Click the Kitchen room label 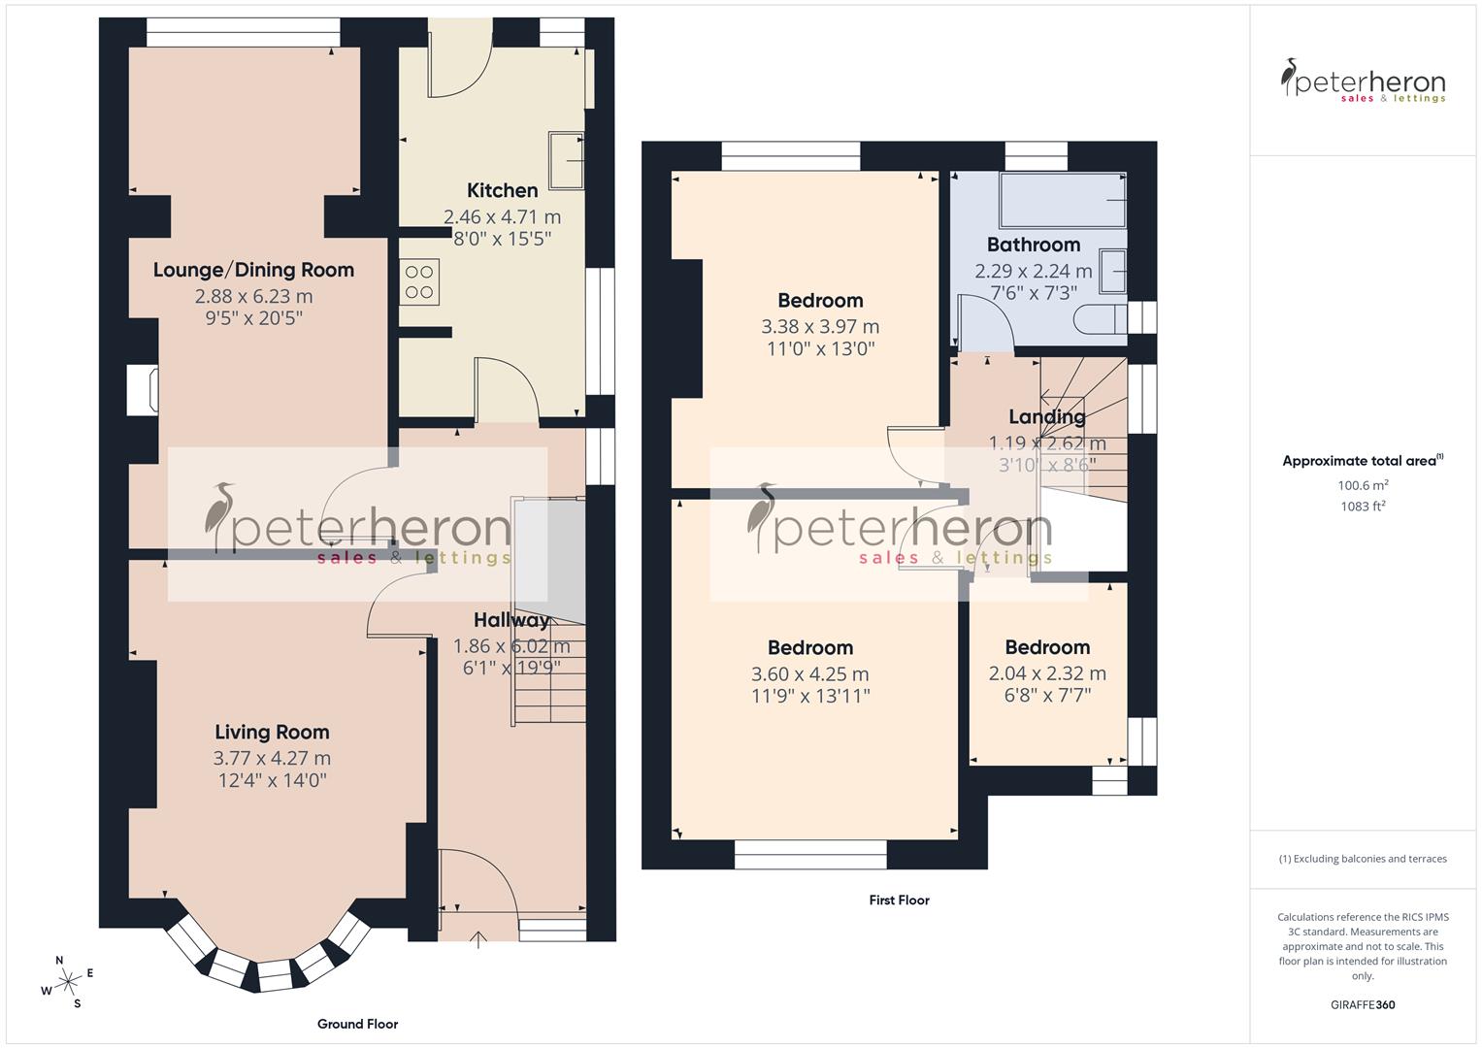coord(502,190)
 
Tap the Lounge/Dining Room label coord(253,270)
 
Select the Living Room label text coord(272,732)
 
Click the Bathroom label coord(1033,245)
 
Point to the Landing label coord(1046,417)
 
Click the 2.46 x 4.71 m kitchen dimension coord(502,217)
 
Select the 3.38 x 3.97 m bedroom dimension coord(820,327)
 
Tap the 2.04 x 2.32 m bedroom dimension coord(1047,673)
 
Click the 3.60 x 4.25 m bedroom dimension coord(810,673)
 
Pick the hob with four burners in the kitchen coord(419,282)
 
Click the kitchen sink coord(566,160)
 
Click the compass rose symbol coord(68,982)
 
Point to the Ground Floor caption coord(357,1024)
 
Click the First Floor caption coord(899,900)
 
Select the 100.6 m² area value coord(1363,484)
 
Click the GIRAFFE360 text coord(1363,1004)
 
